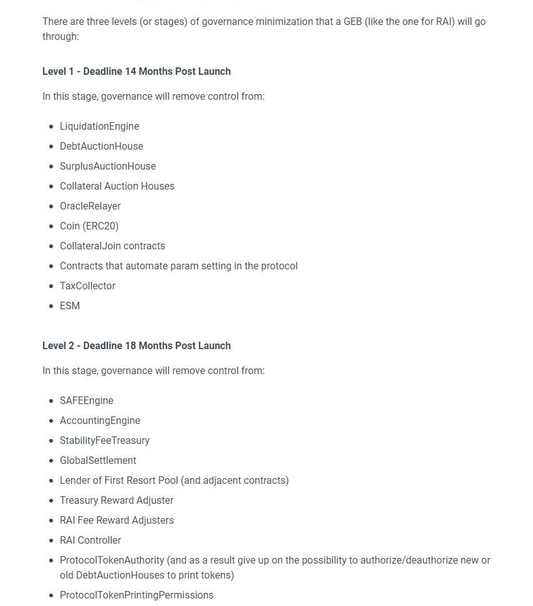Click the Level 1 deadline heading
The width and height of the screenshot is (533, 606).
[137, 71]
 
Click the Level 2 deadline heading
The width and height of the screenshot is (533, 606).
[137, 345]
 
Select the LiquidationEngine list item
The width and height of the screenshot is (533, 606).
[99, 126]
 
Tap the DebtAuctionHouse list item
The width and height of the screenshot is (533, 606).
[102, 146]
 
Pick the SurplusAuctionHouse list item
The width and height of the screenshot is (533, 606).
[108, 166]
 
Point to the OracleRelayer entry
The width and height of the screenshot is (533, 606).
[90, 206]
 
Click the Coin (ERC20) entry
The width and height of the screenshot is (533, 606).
[89, 226]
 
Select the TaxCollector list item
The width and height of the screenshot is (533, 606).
[87, 286]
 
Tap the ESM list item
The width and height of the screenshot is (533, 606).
[70, 305]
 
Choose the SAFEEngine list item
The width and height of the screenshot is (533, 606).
[87, 400]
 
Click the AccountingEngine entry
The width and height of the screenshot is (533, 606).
[100, 420]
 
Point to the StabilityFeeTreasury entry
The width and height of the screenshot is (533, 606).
[105, 440]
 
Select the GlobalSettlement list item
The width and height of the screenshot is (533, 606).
[98, 460]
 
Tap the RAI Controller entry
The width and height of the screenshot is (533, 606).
[90, 540]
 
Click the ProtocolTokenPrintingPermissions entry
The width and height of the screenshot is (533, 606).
[137, 595]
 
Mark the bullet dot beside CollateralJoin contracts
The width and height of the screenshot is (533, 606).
[51, 246]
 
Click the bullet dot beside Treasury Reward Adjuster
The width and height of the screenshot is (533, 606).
[51, 501]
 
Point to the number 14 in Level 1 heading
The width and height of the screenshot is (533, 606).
[130, 71]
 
